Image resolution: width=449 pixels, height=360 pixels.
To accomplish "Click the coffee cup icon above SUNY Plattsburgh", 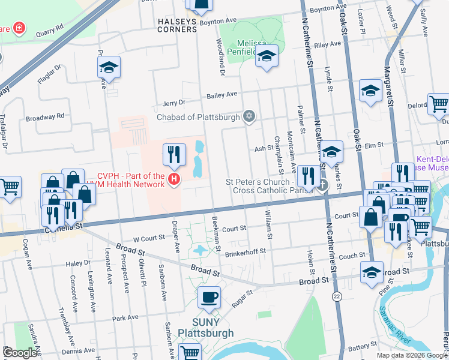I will coord(209,297).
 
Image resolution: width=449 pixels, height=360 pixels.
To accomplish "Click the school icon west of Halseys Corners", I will coord(109,68).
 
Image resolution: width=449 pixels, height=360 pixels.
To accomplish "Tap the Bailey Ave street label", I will coord(222,95).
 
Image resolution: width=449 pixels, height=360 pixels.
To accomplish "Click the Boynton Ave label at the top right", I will coord(333,7).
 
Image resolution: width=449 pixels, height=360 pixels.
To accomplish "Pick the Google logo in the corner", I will coord(20,353).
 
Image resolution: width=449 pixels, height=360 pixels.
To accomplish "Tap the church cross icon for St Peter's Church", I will coord(322,185).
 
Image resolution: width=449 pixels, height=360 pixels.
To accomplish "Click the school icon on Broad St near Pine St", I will coord(372,271).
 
